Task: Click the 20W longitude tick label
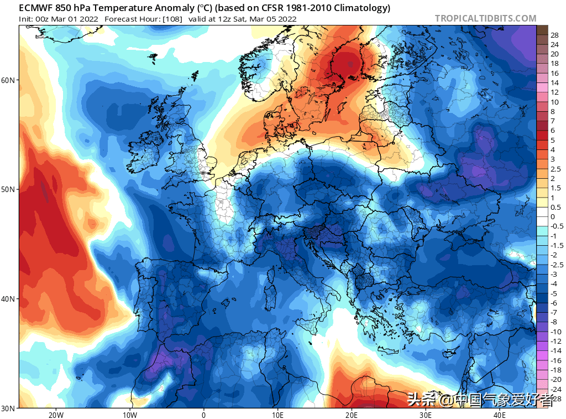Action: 55,415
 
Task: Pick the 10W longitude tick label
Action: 129,415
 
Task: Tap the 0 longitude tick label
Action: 203,415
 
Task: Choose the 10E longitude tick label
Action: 277,415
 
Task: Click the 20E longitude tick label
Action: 352,415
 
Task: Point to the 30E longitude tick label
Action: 426,415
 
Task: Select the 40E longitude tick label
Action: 500,415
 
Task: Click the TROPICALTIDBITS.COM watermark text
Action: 485,18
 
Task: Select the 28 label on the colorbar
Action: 554,35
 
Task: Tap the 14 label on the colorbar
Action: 554,82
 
